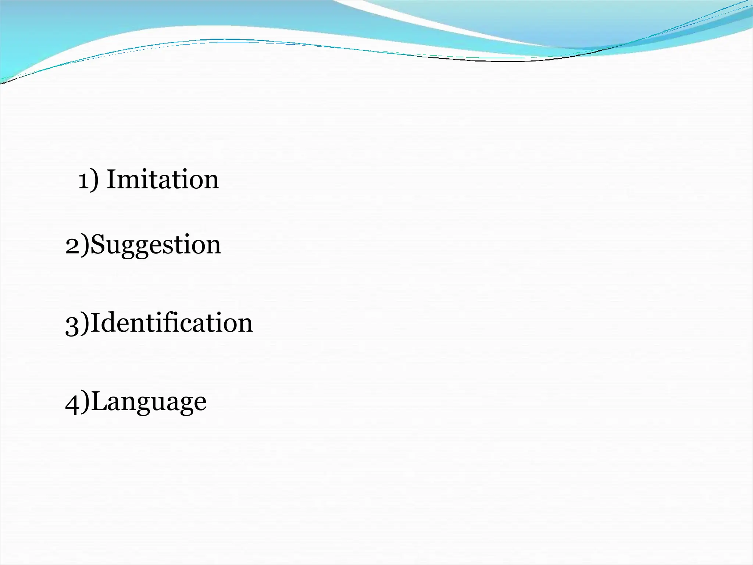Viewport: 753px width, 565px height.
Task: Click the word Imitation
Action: tap(163, 180)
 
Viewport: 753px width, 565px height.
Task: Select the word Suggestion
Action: tap(156, 245)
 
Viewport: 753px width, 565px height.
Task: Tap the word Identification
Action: tap(171, 323)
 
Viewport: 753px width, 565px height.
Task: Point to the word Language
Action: tap(149, 402)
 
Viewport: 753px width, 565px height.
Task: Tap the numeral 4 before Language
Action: tap(73, 402)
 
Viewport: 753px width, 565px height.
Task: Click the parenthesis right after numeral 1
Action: tap(95, 180)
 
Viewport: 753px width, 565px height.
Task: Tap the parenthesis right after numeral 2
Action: tap(85, 245)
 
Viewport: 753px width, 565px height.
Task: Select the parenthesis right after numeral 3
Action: tap(85, 323)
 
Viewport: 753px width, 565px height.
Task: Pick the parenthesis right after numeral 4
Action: tap(85, 401)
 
